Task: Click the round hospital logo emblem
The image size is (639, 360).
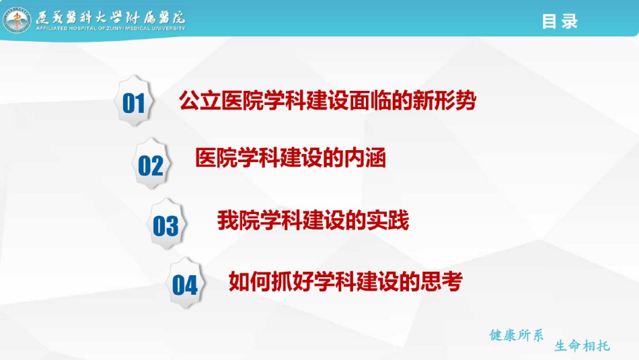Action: [x=17, y=20]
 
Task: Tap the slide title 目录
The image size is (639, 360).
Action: [x=560, y=22]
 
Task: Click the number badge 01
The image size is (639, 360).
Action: [x=134, y=101]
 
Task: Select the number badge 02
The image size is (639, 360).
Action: [x=151, y=164]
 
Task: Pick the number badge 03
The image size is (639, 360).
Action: [x=166, y=224]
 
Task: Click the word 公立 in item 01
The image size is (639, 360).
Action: [x=200, y=100]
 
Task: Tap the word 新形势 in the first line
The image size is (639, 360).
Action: [x=444, y=100]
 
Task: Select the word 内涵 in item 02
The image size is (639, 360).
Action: [x=365, y=157]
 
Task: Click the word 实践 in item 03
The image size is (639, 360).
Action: [x=387, y=220]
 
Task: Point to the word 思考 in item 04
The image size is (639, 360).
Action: [x=441, y=281]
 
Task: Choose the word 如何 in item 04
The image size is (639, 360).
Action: [x=250, y=281]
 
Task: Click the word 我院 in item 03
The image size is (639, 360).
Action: [x=238, y=220]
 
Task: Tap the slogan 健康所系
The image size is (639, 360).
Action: [x=517, y=335]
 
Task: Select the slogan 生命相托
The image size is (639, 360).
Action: [x=582, y=346]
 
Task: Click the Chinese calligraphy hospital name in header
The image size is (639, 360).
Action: [x=110, y=17]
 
